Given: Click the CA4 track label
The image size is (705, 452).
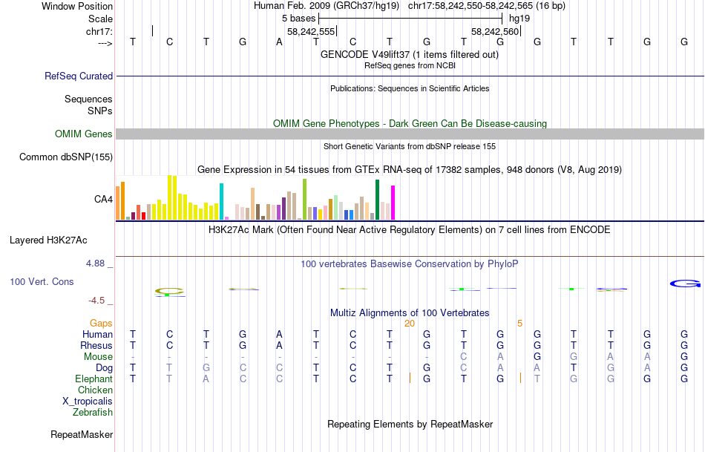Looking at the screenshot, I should point(103,199).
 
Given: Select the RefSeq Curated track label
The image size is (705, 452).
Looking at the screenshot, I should point(79,76).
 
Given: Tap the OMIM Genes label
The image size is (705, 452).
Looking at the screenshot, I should point(84,134).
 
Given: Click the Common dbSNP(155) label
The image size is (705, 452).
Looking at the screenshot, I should point(66,157).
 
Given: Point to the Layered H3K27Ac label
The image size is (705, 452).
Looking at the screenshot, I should point(48,240).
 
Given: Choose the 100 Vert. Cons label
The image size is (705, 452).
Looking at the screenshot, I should point(42,282).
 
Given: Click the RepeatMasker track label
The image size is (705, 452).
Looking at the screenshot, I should point(82,434).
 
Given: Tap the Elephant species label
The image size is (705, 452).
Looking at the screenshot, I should point(94,379).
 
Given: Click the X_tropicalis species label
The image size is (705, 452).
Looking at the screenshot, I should point(88,401).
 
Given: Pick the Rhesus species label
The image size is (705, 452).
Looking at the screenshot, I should point(96,345).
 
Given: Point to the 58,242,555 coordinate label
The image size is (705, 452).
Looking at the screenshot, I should point(311,32).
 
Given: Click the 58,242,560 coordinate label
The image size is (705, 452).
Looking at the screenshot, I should point(495,32).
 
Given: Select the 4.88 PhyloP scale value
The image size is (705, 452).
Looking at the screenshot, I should point(97,263).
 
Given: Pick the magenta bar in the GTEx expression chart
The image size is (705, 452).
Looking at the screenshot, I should point(393,201).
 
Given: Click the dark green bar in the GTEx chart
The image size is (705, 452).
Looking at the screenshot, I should point(377,200).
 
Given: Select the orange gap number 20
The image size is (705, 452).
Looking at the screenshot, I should point(409,323).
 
